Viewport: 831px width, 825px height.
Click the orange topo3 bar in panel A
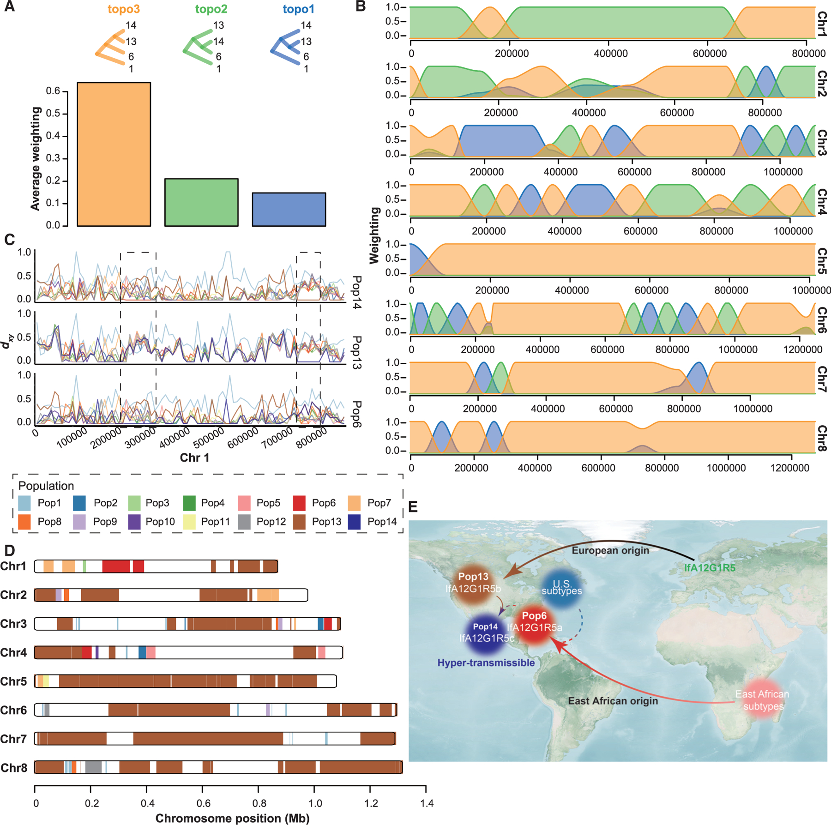(114, 154)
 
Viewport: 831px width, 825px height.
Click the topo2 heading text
(211, 9)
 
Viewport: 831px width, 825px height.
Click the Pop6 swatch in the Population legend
(299, 503)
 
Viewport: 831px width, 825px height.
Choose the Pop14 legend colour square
(355, 522)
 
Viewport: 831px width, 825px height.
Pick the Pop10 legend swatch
(134, 522)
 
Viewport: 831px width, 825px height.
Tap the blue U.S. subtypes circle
(562, 587)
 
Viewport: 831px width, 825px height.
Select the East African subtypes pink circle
(762, 700)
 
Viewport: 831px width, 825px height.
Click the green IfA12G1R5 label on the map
(710, 567)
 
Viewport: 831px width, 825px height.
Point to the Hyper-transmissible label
(486, 663)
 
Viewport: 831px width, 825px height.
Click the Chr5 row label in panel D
(13, 681)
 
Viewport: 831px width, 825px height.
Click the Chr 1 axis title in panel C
(194, 458)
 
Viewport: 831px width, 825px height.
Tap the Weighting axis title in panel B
(374, 235)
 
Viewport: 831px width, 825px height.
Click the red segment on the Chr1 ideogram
(116, 566)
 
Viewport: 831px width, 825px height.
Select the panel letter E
(412, 507)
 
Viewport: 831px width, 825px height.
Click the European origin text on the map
(610, 550)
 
